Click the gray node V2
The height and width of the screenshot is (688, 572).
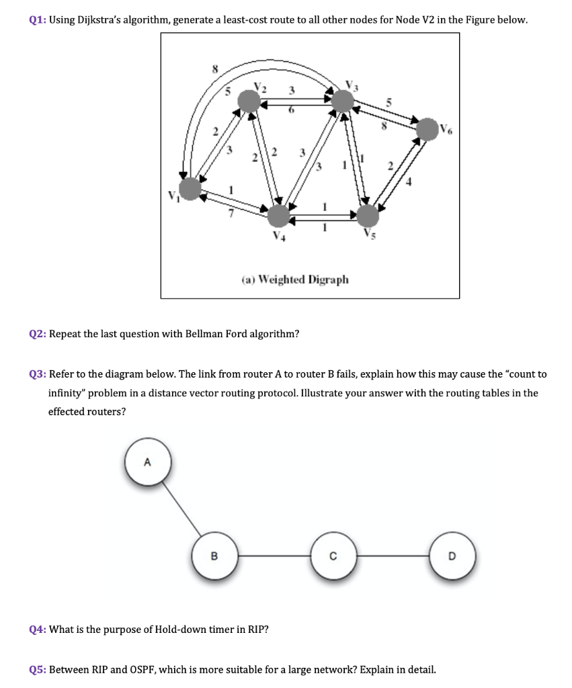pos(249,102)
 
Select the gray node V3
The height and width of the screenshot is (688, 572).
pos(343,101)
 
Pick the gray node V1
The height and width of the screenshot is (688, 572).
pos(191,189)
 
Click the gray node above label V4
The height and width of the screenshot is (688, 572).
pos(279,216)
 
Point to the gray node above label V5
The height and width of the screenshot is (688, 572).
pos(368,216)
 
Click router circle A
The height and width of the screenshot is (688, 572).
pos(148,463)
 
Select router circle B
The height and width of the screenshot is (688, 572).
pos(214,556)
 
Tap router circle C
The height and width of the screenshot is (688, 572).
pos(333,556)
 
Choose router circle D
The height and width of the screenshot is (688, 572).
pos(452,556)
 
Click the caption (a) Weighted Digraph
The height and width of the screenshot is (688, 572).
pos(295,279)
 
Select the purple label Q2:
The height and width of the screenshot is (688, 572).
pos(38,334)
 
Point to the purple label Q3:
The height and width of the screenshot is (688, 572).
pos(38,374)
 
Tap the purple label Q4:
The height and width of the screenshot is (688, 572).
pos(38,630)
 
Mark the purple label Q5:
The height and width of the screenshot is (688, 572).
pos(38,670)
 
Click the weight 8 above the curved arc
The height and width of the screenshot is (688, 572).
pos(215,69)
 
